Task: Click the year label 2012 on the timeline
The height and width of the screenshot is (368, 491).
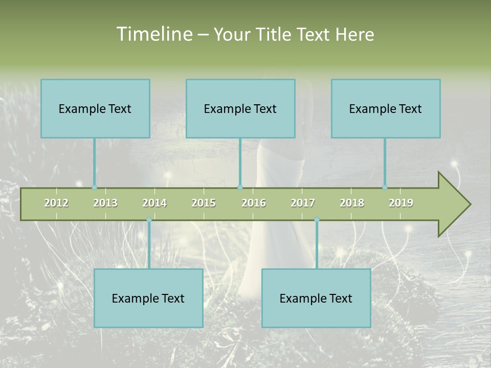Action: click(56, 203)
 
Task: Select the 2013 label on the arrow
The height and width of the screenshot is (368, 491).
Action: click(105, 203)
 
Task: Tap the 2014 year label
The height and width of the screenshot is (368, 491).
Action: click(154, 203)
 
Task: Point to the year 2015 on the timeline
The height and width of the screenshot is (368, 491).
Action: click(204, 203)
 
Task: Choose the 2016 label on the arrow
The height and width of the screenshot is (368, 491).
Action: click(254, 203)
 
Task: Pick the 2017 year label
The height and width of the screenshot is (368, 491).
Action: click(303, 203)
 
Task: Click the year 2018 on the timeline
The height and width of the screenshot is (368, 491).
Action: click(352, 203)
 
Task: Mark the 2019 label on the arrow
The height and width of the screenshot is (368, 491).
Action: click(401, 203)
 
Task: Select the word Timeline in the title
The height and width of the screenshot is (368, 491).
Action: click(154, 34)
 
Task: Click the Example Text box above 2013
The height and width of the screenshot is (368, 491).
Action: click(95, 108)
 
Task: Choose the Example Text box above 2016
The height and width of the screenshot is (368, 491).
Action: click(240, 108)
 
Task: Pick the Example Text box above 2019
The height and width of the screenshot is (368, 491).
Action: click(386, 108)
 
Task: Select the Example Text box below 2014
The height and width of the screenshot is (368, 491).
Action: click(148, 298)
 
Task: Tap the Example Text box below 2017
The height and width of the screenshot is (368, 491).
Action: click(316, 298)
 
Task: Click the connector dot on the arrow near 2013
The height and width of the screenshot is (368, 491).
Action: click(94, 188)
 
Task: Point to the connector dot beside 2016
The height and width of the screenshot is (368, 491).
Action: click(240, 188)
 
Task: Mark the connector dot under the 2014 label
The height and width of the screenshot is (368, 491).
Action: click(149, 220)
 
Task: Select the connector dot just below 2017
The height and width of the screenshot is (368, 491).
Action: click(317, 220)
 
